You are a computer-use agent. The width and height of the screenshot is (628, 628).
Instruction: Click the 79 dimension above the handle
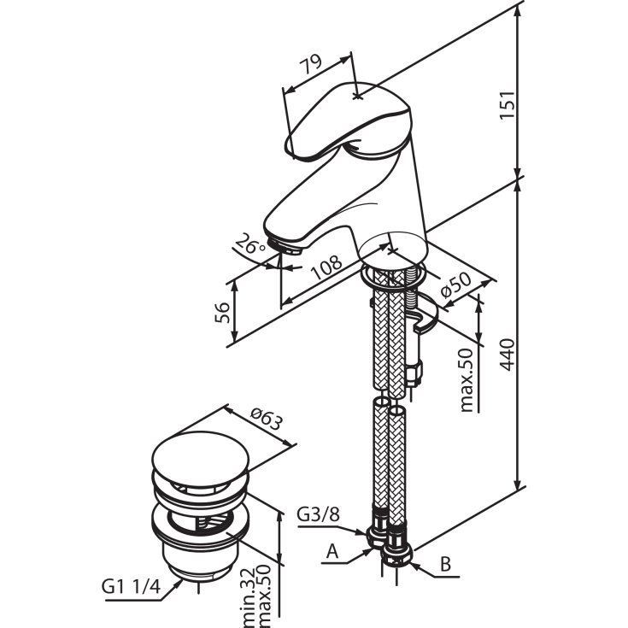tap(311, 64)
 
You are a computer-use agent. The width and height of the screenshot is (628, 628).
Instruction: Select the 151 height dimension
tap(507, 104)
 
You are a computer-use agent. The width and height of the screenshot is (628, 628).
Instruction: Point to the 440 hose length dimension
tap(507, 355)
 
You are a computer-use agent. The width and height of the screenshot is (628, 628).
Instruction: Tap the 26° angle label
tap(249, 244)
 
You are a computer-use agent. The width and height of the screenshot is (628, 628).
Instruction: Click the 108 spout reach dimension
tap(327, 267)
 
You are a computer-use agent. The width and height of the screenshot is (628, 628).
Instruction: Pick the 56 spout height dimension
tap(222, 313)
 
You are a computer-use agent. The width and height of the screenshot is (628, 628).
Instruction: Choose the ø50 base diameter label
tap(455, 285)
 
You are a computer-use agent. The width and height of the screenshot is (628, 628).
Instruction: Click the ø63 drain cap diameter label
tap(267, 419)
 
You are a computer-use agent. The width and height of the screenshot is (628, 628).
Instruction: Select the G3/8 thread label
tap(318, 514)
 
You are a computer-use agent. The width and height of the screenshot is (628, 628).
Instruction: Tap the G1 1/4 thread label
tap(131, 586)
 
